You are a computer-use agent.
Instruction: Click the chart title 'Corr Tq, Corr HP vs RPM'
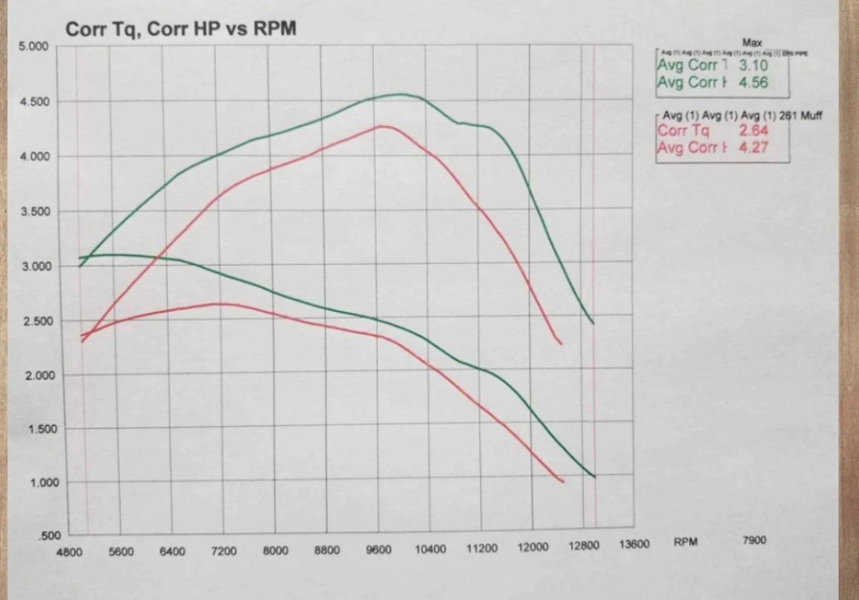pos(180,29)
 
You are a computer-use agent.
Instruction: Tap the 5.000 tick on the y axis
pos(33,47)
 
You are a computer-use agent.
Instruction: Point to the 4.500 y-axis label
pos(34,102)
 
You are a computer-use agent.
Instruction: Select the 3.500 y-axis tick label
pos(35,212)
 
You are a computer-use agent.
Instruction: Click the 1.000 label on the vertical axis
pos(44,482)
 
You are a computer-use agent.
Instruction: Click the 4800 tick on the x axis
pos(69,552)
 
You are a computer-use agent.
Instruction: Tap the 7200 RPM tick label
pos(224,552)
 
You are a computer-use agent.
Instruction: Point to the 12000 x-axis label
pos(533,547)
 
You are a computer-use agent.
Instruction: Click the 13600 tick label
pos(634,545)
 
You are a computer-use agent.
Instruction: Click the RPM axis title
pos(686,542)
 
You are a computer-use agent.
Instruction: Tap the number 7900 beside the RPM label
pos(754,540)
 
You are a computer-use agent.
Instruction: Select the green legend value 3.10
pos(753,66)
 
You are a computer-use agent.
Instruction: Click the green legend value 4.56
pos(753,83)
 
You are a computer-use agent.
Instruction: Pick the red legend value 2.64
pos(753,131)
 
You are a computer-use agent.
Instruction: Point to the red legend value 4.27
pos(753,147)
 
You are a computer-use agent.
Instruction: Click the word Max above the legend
pos(752,42)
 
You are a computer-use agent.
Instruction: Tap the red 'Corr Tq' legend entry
pos(683,131)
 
